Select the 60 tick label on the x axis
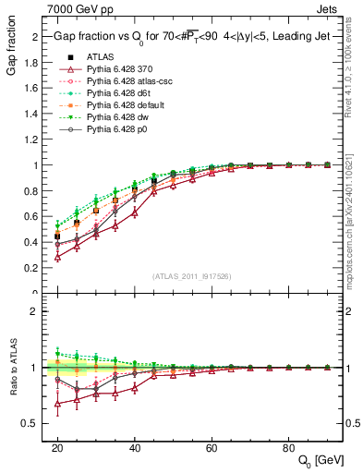pyautogui.click(x=211, y=445)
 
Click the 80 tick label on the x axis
pyautogui.click(x=288, y=445)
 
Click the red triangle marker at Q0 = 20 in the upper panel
pyautogui.click(x=57, y=257)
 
